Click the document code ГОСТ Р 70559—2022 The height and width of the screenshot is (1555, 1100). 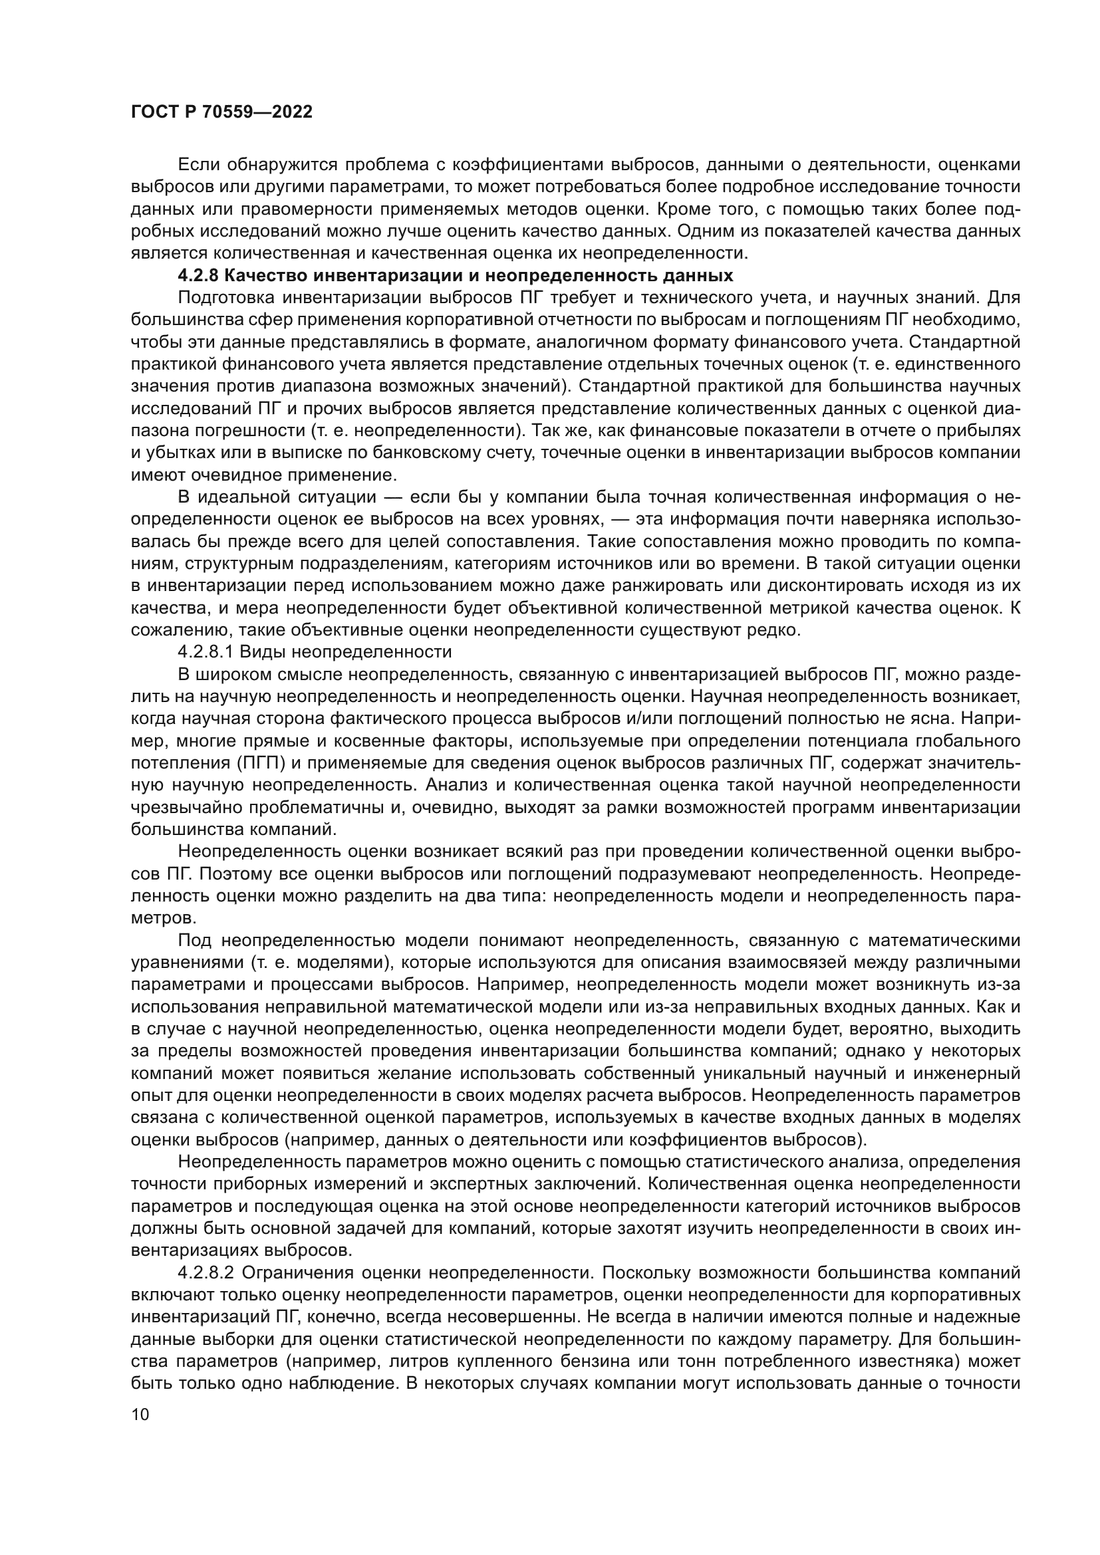tap(221, 112)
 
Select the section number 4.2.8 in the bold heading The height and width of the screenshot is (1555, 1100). tap(197, 276)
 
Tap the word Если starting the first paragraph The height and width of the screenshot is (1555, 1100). tap(197, 165)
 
